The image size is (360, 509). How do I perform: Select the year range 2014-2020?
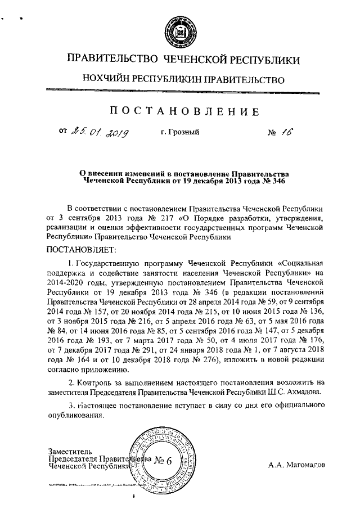pyautogui.click(x=68, y=283)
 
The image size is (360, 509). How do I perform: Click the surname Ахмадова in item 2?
pyautogui.click(x=306, y=391)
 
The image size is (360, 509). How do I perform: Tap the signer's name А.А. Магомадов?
pyautogui.click(x=296, y=465)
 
